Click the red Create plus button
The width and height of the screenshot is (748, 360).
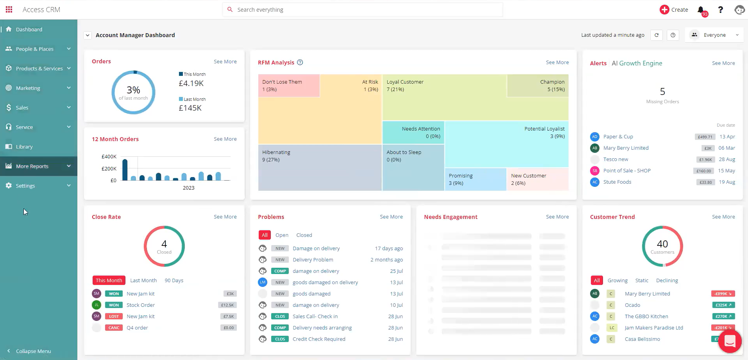[x=664, y=10]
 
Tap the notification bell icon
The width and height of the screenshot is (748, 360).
[x=701, y=10]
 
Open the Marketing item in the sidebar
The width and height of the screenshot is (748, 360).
[x=28, y=88]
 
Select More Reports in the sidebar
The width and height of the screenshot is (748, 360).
[x=32, y=166]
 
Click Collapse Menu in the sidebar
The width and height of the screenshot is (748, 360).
[x=33, y=351]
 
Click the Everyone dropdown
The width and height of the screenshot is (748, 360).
[x=714, y=35]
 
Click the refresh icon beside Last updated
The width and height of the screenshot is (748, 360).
[x=657, y=35]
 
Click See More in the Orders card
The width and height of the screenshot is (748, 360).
[x=225, y=62]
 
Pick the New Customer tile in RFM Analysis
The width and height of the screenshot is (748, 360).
[x=537, y=179]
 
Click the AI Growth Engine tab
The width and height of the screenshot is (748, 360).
[x=637, y=63]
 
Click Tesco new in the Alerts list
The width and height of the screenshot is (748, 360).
[x=616, y=159]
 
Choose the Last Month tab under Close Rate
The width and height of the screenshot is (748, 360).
[x=143, y=281]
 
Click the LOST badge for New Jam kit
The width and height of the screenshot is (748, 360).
[x=114, y=317]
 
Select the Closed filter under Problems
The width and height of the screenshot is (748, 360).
[x=304, y=235]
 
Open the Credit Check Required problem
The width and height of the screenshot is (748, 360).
[x=319, y=339]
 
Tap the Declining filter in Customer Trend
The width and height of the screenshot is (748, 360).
[x=667, y=281]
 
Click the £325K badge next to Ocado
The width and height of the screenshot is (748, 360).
[x=723, y=305]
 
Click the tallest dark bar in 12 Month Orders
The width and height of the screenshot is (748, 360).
[x=125, y=170]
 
